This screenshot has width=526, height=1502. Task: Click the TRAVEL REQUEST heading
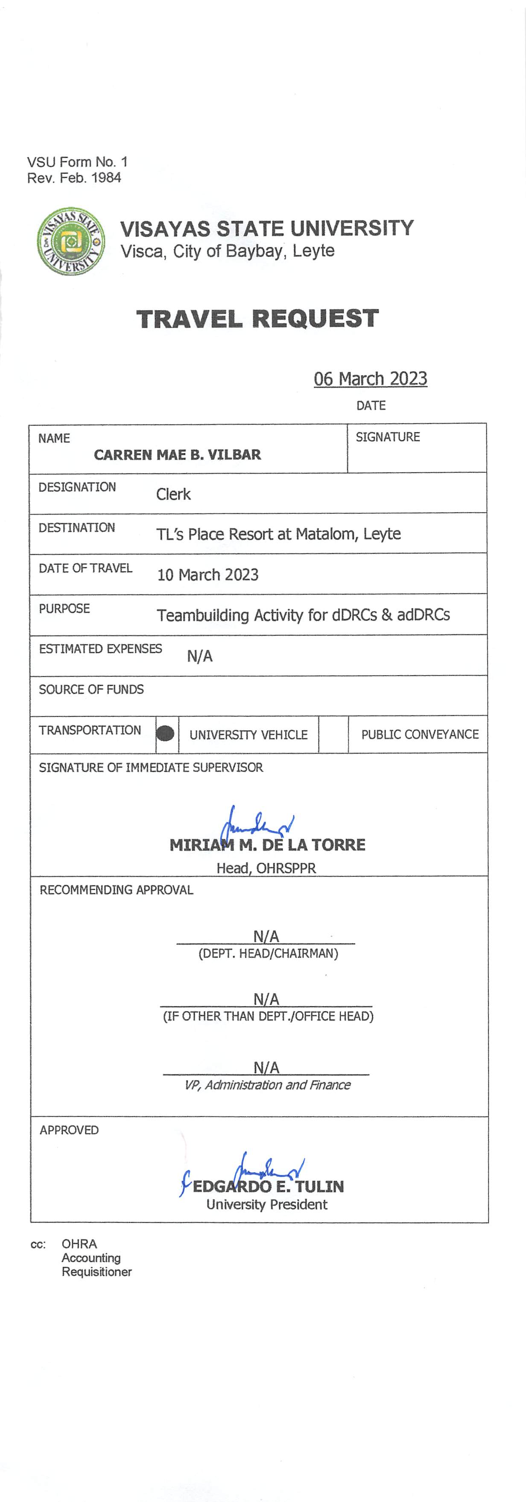coord(257,319)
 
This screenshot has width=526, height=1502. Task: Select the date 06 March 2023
coord(370,379)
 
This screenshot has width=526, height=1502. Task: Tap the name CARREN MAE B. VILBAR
coord(177,455)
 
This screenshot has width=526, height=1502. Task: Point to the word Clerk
coord(173,495)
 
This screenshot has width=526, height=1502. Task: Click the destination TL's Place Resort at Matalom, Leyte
coord(278,534)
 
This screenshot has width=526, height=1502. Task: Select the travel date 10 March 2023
coord(207,575)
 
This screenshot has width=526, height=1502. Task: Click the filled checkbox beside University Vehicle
coord(166,734)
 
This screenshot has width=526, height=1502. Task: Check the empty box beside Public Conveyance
coord(333,734)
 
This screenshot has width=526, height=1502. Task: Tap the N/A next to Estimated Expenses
coord(199,656)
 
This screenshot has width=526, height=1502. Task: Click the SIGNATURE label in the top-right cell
coord(388,437)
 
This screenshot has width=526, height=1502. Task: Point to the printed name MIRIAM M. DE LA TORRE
coord(267,845)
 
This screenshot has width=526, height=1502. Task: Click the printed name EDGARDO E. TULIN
coord(268,1186)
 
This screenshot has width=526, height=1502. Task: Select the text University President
coord(266,1205)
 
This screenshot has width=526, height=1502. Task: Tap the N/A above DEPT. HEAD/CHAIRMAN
coord(266,937)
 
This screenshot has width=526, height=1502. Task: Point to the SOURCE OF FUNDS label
coord(91,690)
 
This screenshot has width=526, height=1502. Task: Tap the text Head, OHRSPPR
coord(266,868)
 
